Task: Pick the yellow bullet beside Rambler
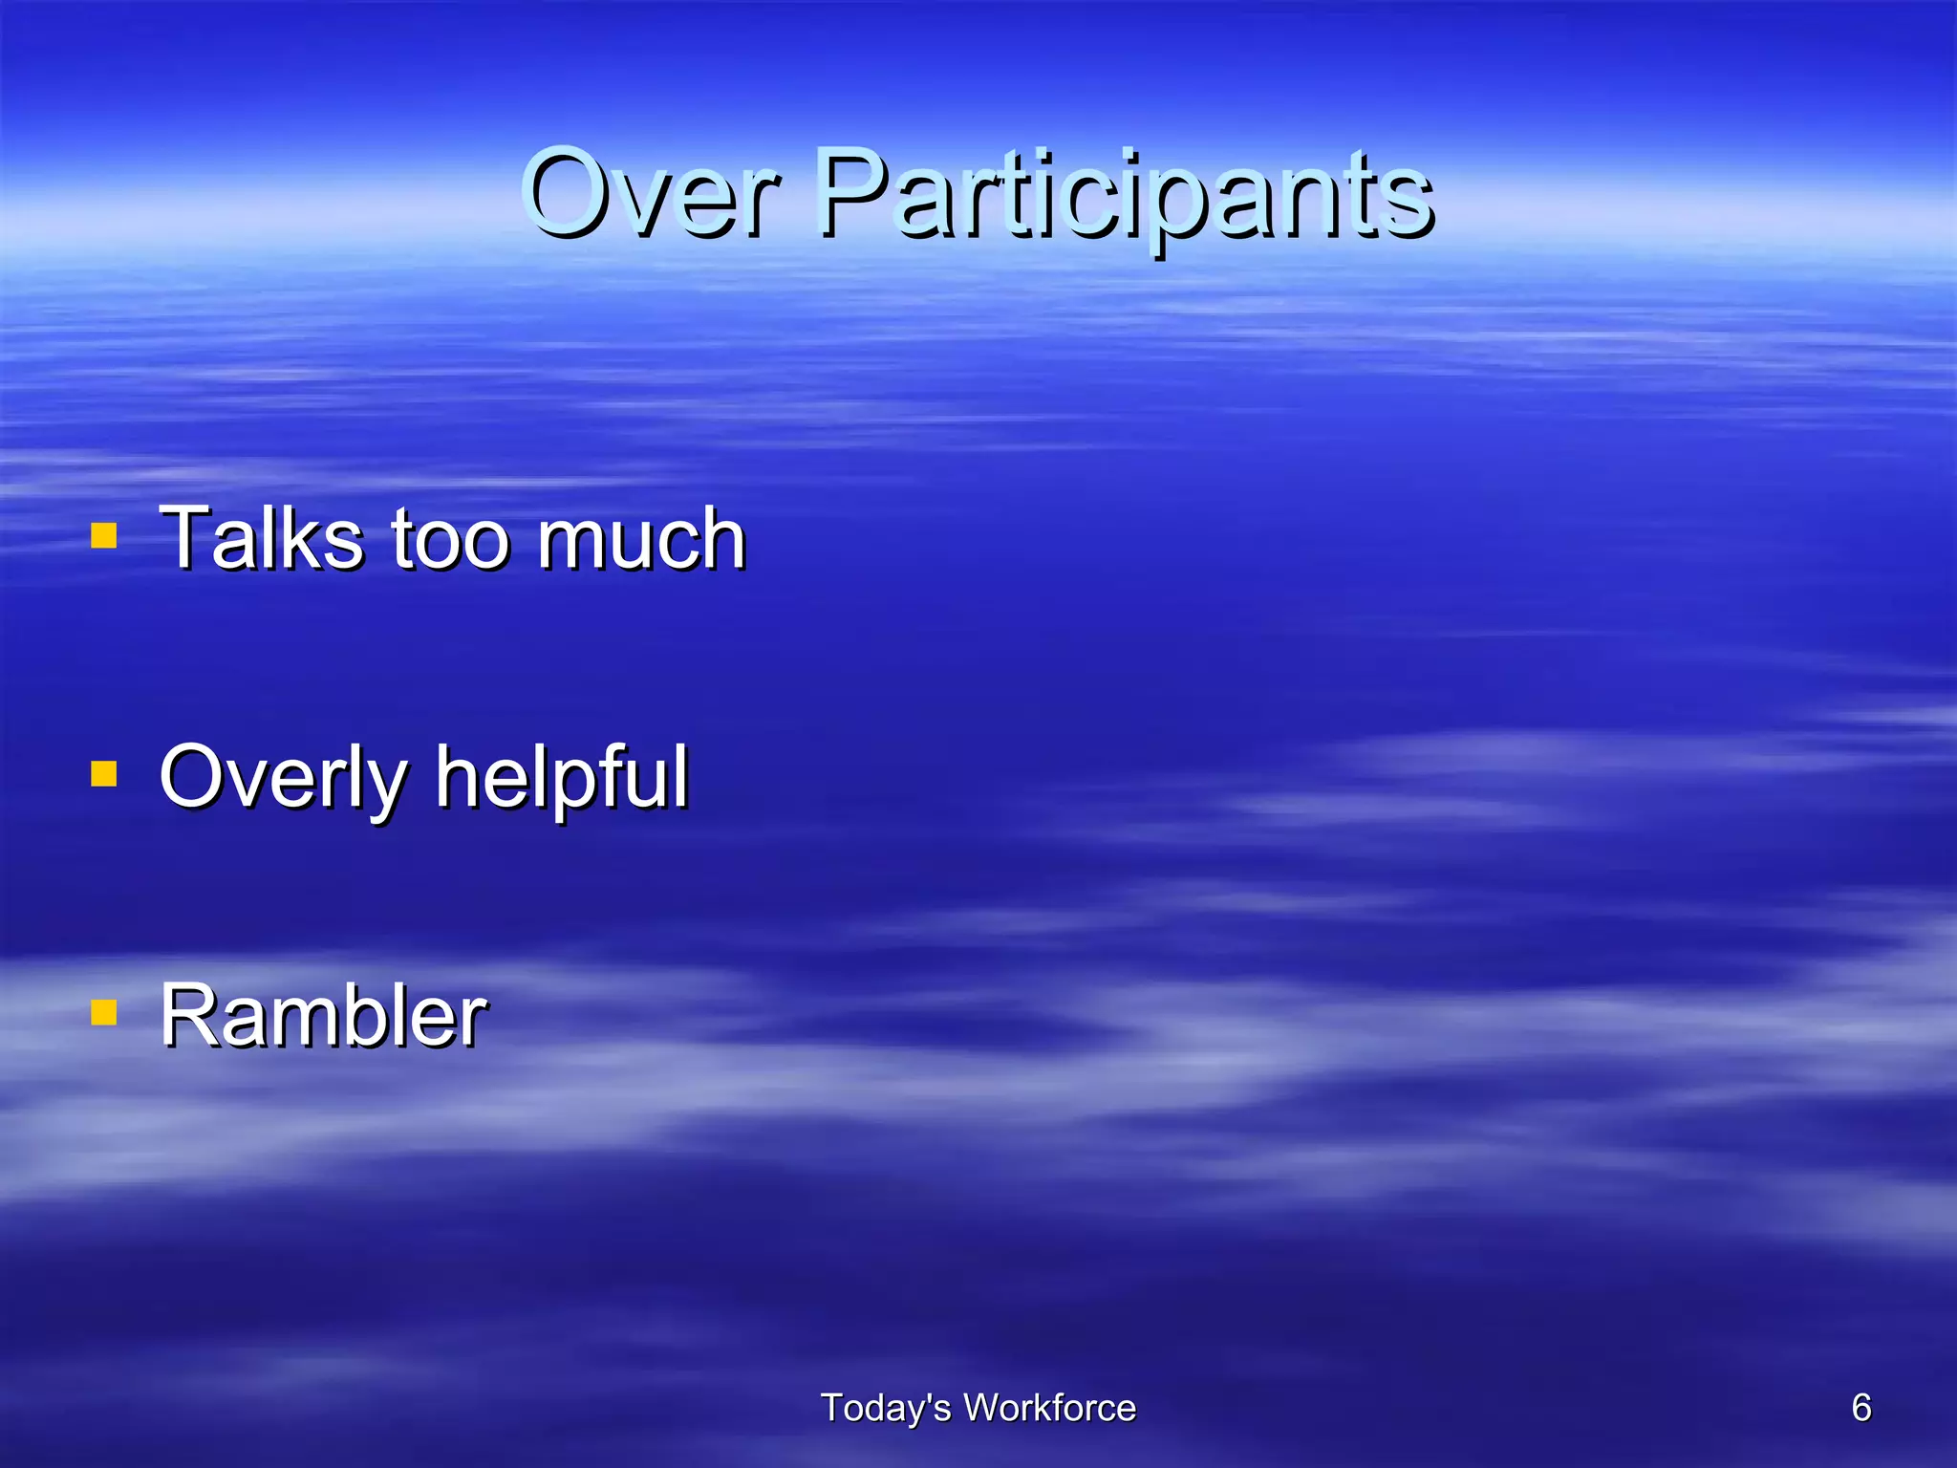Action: tap(104, 1012)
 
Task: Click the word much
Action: tap(640, 539)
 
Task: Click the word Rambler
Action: tap(323, 1016)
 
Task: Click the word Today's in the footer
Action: tap(885, 1408)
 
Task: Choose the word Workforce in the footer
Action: tap(1049, 1408)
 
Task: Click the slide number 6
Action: tap(1861, 1408)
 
